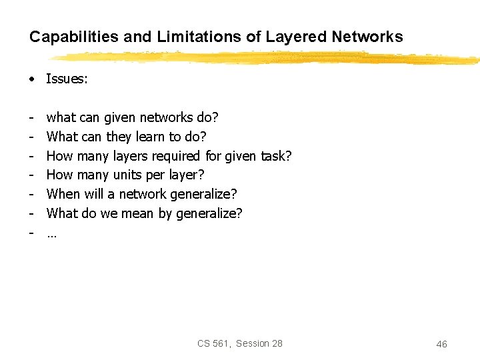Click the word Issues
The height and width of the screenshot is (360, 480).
(x=67, y=79)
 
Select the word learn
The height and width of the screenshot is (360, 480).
(x=151, y=137)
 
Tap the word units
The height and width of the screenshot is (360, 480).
(x=130, y=175)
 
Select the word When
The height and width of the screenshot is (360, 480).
(x=63, y=194)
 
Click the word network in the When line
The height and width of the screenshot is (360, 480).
(x=143, y=194)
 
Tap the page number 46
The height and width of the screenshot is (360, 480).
(x=441, y=344)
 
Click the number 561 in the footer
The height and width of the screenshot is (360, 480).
(x=223, y=343)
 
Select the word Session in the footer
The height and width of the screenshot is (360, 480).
(x=253, y=343)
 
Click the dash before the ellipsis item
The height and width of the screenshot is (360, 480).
(x=31, y=232)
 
